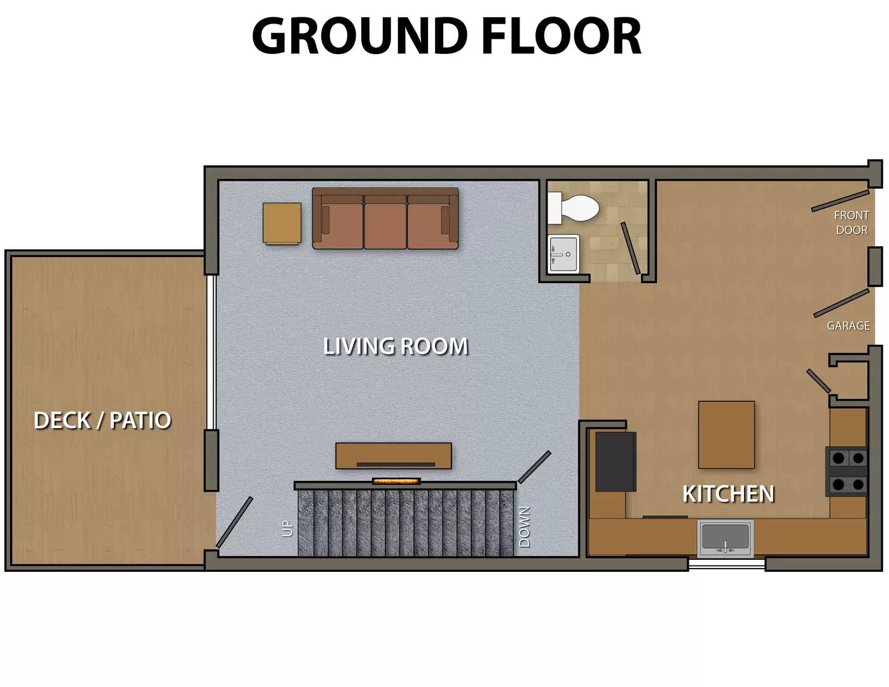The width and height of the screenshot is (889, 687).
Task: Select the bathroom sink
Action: coord(563,253)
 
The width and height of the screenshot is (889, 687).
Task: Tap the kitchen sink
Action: coord(725,538)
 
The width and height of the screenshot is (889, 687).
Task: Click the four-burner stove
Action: coord(846,471)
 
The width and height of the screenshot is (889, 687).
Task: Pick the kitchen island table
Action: coord(726,434)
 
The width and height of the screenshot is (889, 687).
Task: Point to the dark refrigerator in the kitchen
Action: coord(615,461)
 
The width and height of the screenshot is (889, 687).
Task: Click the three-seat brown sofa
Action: coord(385,219)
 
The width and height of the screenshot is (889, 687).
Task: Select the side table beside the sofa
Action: coord(282,223)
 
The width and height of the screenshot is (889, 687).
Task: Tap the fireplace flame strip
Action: coord(396,482)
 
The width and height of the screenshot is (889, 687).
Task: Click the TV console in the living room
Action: coord(394,455)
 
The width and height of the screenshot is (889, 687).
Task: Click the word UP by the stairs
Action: coord(287,528)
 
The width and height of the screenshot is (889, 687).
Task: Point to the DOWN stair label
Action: coord(525,527)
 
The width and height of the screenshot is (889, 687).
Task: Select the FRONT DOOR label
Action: coord(851,223)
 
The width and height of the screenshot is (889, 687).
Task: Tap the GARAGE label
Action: coord(848,326)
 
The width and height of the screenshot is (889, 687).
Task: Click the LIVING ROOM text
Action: coord(396,347)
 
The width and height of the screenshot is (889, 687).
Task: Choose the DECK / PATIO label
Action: coord(102,420)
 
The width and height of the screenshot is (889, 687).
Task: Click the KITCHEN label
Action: coord(728,494)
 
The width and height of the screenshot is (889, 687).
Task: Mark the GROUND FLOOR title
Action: coord(446,36)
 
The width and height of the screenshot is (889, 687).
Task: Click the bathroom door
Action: coord(631,247)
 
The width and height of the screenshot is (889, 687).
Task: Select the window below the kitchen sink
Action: coord(727,564)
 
